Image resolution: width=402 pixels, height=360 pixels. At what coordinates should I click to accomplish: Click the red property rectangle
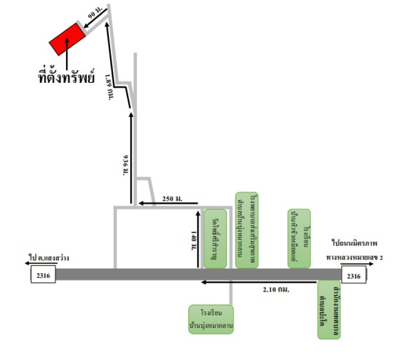tap(67, 38)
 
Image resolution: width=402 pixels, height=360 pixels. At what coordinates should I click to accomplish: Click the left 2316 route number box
tap(43, 275)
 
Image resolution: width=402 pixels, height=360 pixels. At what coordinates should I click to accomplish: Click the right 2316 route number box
tap(354, 275)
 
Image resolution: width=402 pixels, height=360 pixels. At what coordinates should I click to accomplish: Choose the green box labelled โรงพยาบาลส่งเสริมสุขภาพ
tap(246, 230)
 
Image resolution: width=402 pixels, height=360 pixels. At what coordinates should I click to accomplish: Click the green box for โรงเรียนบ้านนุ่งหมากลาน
tap(211, 319)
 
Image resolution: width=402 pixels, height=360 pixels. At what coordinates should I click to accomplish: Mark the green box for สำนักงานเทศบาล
tap(329, 310)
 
